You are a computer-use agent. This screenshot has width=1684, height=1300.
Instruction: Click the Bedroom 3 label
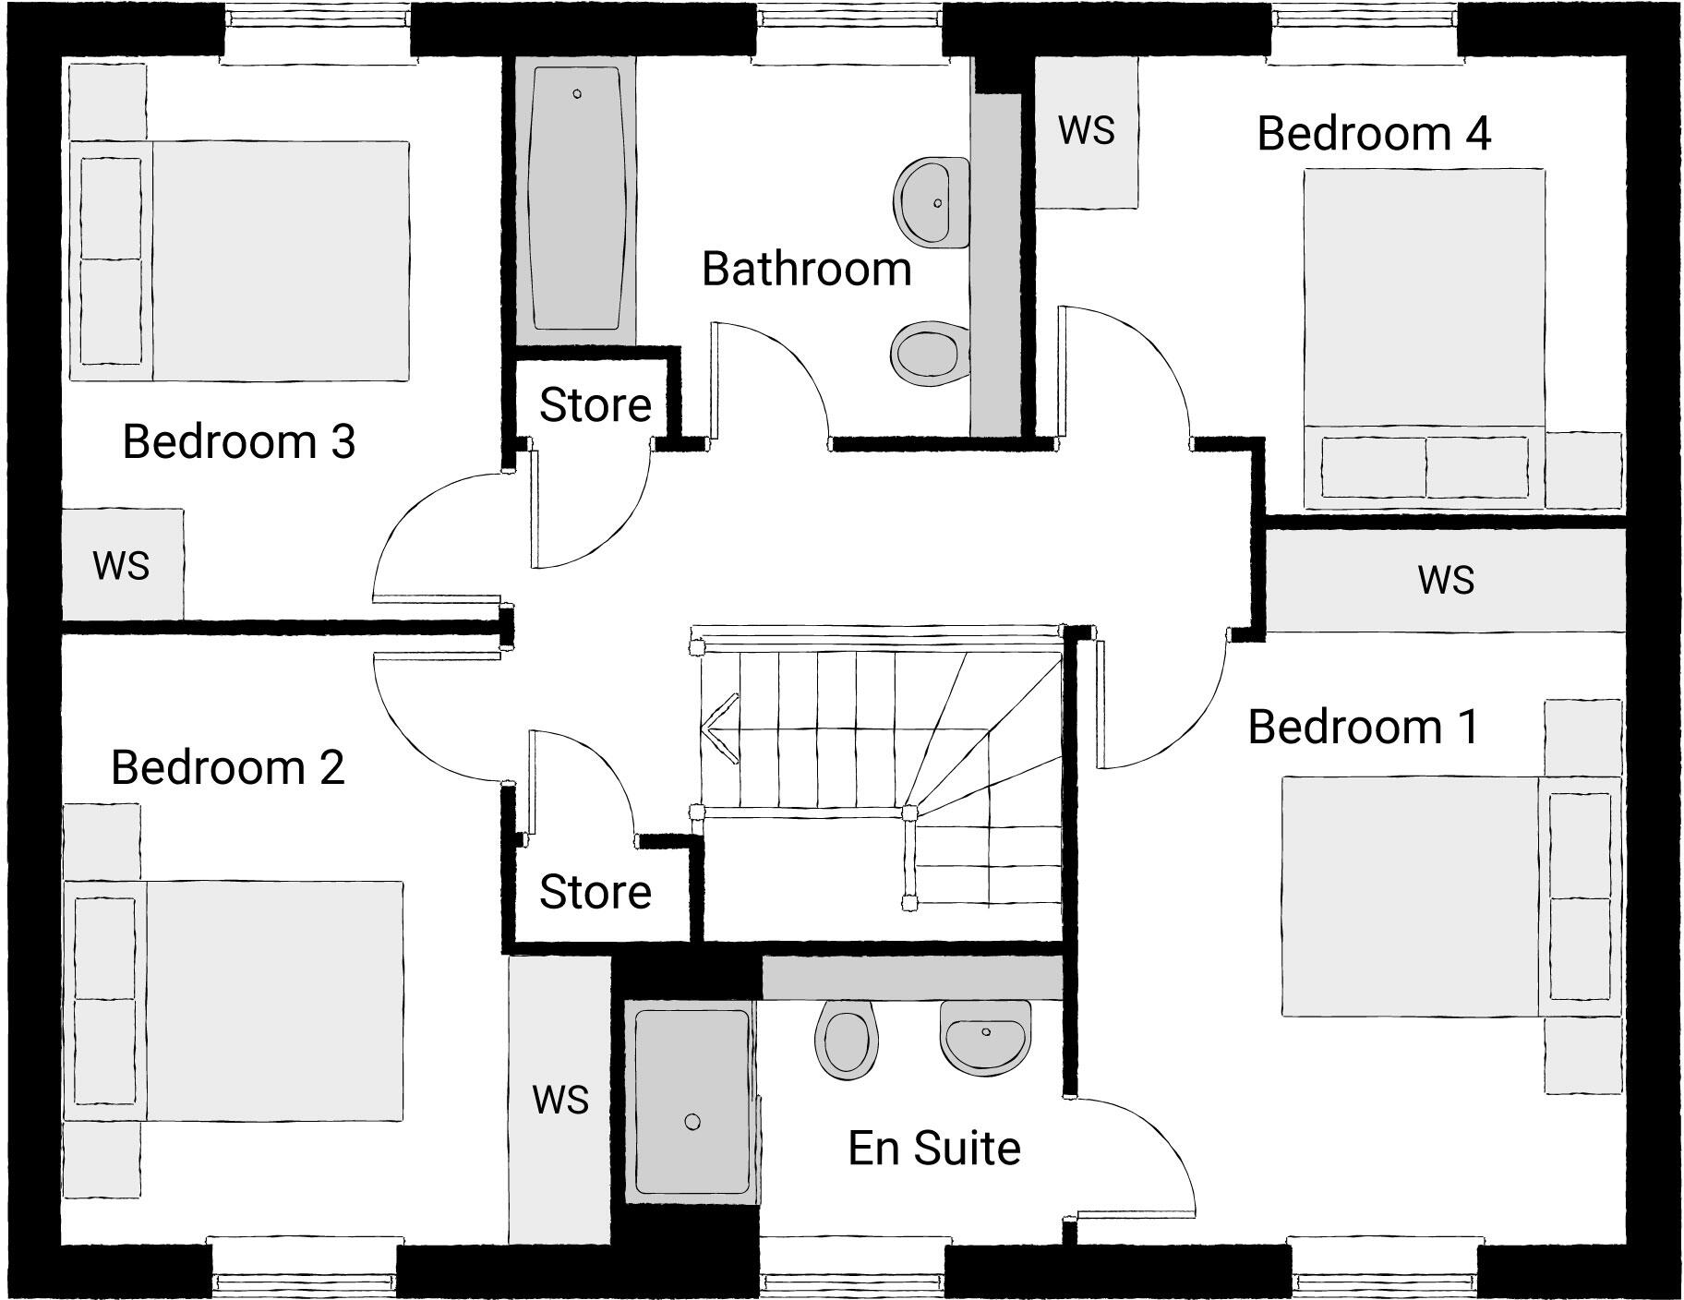coord(238,440)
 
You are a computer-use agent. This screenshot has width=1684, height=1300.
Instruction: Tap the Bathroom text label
coord(806,269)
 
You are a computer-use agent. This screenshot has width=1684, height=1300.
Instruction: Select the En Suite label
coord(933,1148)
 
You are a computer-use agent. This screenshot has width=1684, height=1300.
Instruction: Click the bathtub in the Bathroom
coord(576,198)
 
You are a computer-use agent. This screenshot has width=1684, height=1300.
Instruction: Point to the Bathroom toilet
coord(928,354)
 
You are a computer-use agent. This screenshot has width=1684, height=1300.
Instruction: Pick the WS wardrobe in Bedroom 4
coord(1086,131)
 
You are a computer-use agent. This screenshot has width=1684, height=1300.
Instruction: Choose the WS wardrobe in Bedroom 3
coord(121,564)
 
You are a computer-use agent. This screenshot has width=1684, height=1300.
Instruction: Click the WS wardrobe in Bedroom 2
coord(559,1099)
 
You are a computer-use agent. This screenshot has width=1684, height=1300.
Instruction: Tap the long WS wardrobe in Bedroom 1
coord(1445,580)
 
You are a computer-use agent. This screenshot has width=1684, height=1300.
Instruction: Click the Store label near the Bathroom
coord(595,404)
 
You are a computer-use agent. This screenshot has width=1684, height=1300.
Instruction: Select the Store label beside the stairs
coord(595,891)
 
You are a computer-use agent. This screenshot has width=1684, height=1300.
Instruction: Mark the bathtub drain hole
coord(577,94)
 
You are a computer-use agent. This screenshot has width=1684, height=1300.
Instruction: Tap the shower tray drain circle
coord(692,1122)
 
